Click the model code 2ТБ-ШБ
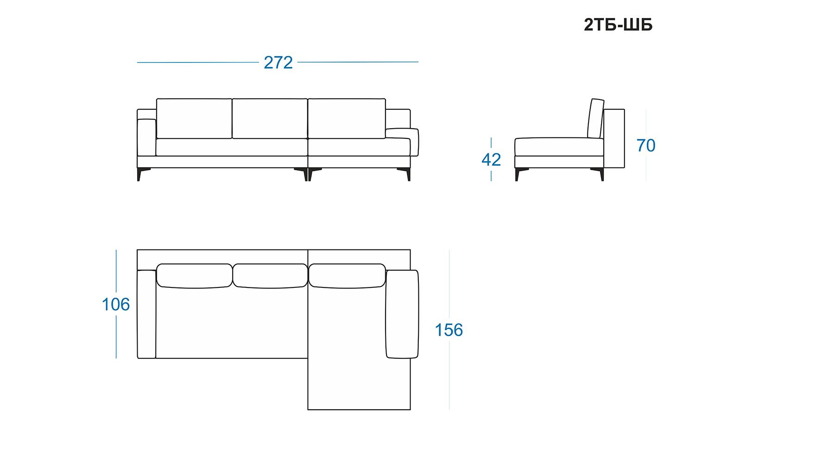pos(618,25)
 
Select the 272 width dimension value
pos(278,62)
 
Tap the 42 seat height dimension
pos(491,160)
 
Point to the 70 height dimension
pos(646,145)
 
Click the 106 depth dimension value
pos(116,304)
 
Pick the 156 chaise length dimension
pos(449,330)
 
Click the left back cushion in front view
pos(194,118)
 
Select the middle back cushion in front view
pos(270,118)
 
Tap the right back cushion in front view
pos(347,118)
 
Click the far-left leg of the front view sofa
pos(139,174)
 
